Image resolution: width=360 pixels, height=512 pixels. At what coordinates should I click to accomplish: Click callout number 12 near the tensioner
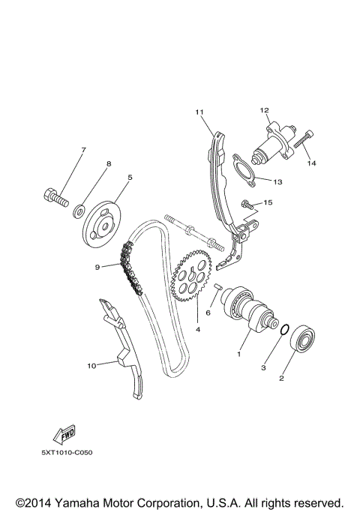264,110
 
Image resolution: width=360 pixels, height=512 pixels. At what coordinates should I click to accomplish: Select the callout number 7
83,150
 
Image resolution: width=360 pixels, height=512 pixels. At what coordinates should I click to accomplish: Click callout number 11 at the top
199,112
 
